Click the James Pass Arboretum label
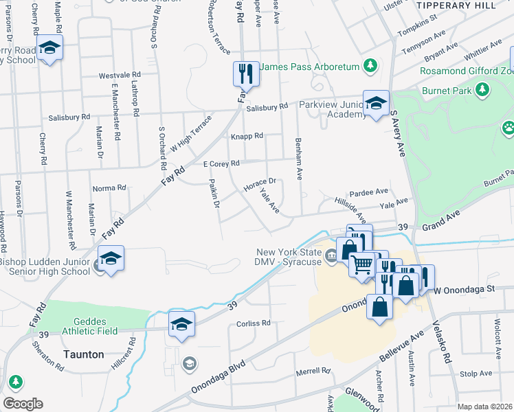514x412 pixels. tap(311, 66)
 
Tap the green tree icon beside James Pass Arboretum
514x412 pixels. tap(370, 66)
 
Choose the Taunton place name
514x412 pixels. tap(84, 355)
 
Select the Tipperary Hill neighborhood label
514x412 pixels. tap(456, 5)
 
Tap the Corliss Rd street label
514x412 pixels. tap(254, 323)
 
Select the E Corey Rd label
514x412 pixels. tap(221, 163)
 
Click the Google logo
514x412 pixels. tap(23, 404)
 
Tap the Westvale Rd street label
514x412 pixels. tap(120, 74)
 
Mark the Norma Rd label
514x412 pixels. tap(109, 187)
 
